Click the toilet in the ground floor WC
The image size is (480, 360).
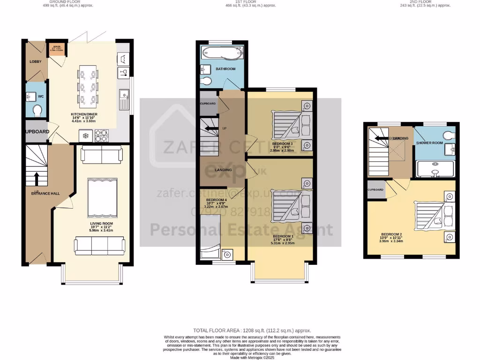37,110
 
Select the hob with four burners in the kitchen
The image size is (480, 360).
101,136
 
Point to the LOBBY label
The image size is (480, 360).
36,62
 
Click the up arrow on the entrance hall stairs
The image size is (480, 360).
37,179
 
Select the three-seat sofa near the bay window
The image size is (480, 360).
100,245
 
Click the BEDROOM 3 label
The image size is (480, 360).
285,143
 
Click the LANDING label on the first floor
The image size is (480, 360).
223,170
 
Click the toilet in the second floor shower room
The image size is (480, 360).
449,135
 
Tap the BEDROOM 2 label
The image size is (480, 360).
391,234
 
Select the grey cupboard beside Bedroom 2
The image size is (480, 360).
375,190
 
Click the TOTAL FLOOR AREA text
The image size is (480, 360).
252,330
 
